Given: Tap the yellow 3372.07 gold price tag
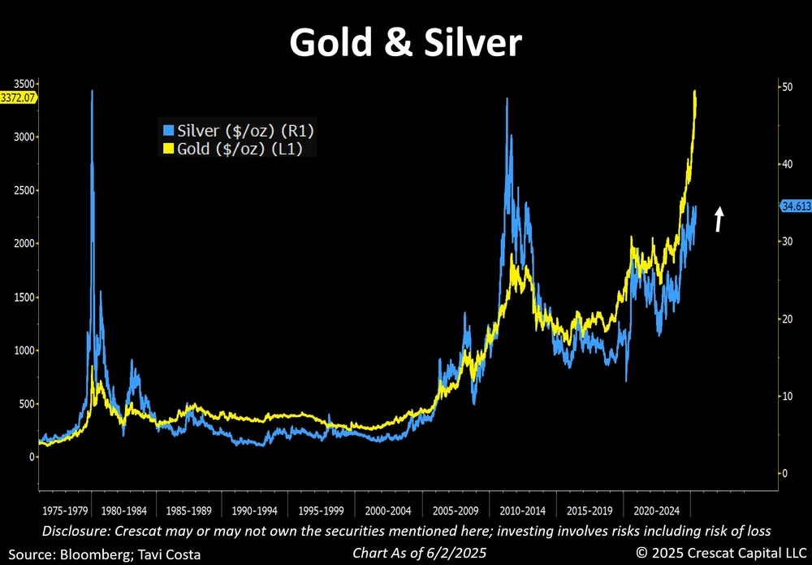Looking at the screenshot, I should tap(19, 98).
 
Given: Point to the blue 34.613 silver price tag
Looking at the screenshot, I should tap(795, 206).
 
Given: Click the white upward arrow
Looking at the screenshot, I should tap(719, 219).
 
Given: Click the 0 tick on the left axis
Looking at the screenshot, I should tap(32, 457).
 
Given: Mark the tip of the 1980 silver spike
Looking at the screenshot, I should tap(92, 91).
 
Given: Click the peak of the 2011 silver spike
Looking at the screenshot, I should tap(508, 99).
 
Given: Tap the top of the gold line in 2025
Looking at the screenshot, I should tap(695, 91).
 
